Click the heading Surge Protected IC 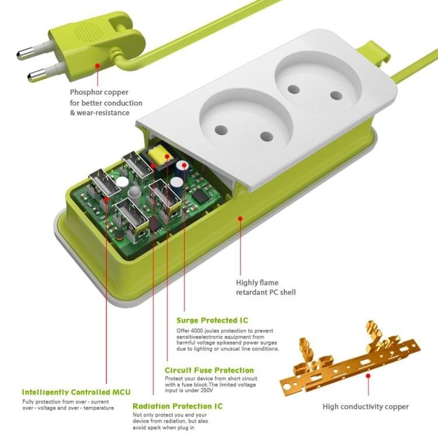click(212, 320)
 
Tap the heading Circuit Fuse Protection click(209, 370)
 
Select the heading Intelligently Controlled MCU click(76, 392)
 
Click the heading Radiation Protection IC click(177, 406)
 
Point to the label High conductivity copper click(366, 406)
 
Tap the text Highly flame click(257, 281)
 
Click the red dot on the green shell click(239, 218)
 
